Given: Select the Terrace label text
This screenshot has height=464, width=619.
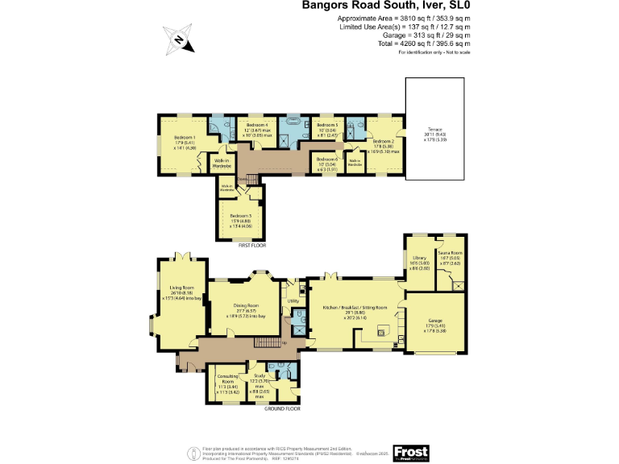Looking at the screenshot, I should click(435, 129).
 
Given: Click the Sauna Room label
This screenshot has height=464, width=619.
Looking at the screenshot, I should click(451, 253).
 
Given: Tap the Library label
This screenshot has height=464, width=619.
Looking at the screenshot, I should click(419, 257).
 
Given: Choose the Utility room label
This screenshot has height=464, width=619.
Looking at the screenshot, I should click(293, 300).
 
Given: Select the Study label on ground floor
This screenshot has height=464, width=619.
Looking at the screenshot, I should click(259, 376).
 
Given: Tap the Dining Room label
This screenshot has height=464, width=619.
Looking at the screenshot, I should click(246, 306).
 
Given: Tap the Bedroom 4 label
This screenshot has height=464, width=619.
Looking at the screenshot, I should click(257, 125).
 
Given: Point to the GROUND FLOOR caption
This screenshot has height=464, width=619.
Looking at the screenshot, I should click(282, 408).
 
